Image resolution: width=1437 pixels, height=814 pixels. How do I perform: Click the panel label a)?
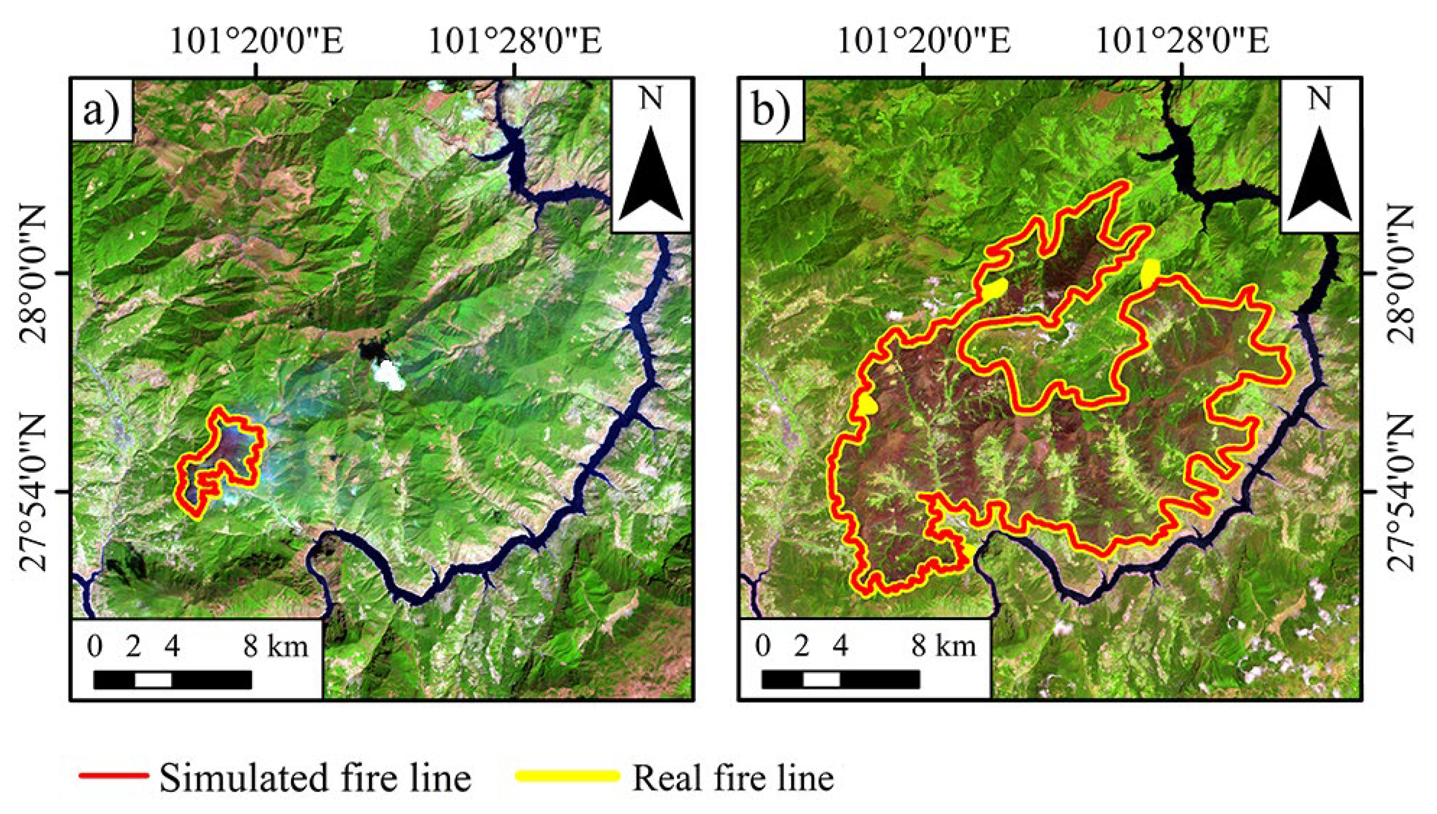pos(101,110)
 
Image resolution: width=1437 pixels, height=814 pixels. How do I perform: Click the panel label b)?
pos(770,110)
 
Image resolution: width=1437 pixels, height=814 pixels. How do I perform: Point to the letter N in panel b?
pos(1320,99)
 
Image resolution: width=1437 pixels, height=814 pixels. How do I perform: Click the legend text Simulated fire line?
pos(315,778)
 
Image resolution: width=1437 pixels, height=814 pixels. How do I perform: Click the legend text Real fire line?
pos(733,778)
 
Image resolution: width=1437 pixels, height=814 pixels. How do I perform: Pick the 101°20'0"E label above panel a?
pos(256,42)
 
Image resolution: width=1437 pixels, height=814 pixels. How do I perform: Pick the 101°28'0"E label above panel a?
pos(515,42)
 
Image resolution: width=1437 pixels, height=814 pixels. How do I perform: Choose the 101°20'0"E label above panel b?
pos(924,42)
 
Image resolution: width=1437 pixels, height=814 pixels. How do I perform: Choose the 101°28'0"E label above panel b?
pos(1182,42)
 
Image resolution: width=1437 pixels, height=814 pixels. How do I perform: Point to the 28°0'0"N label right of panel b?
pos(1399,274)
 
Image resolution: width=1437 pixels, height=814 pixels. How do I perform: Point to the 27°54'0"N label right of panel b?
pos(1399,492)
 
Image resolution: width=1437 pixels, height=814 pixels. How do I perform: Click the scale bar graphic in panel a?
pos(172,679)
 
